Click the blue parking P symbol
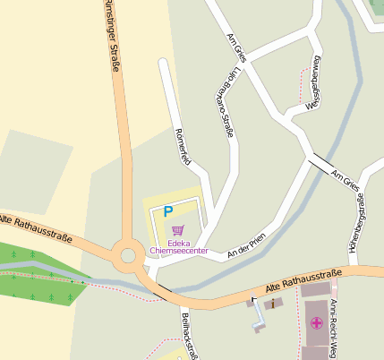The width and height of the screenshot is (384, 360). click(166, 212)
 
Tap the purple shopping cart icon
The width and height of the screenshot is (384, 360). click(177, 230)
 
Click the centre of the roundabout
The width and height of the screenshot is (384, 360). click(128, 255)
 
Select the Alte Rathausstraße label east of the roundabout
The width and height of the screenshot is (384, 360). click(305, 280)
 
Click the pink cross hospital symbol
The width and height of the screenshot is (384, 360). click(315, 323)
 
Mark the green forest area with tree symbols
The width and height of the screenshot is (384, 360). click(40, 273)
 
